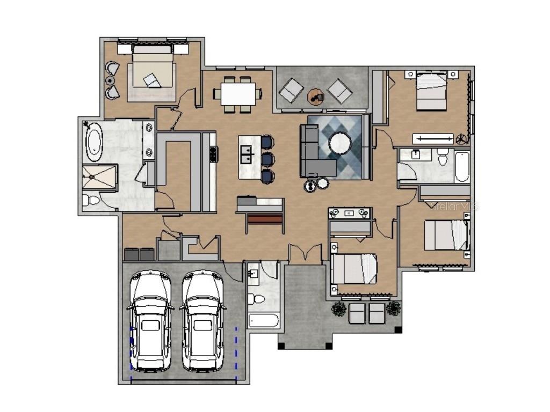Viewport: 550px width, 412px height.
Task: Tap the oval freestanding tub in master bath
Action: point(95,141)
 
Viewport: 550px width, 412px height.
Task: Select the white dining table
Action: point(237,94)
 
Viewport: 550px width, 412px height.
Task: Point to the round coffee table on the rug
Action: point(340,143)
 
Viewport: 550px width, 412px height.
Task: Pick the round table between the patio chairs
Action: point(315,97)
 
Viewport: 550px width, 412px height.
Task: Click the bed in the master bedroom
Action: point(152,72)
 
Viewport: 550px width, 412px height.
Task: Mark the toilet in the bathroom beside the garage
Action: point(258,299)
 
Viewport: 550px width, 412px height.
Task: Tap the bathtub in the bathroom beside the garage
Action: point(263,321)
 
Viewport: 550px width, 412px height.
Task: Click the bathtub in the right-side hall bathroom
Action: point(461,167)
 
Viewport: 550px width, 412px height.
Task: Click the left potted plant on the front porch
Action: point(339,308)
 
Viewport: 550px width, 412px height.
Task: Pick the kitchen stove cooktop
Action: point(213,154)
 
